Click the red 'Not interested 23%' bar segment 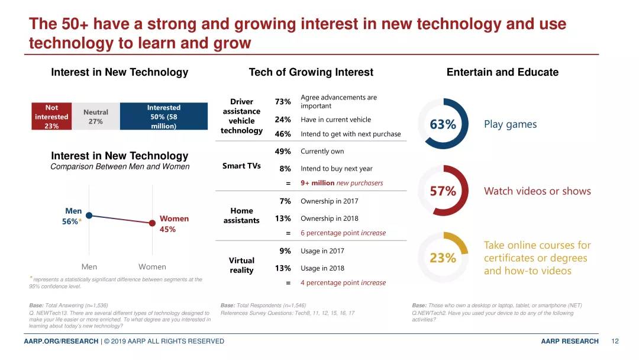click(x=51, y=117)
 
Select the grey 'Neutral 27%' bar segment click(x=95, y=117)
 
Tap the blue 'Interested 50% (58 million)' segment click(x=164, y=117)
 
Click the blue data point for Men click(x=89, y=216)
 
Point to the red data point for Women click(x=153, y=223)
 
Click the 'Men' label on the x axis click(x=89, y=267)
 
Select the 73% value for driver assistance click(x=283, y=102)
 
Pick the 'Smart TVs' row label click(x=241, y=166)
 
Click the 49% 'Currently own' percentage click(x=283, y=152)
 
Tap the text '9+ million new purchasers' click(x=341, y=183)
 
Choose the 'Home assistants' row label click(x=241, y=216)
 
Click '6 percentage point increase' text click(x=343, y=233)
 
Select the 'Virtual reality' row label click(x=241, y=265)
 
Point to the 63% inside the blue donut click(x=443, y=124)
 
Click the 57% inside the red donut click(x=443, y=191)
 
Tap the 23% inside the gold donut click(x=443, y=258)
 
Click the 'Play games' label click(x=510, y=124)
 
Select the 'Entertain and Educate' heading click(x=502, y=72)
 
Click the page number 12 click(x=615, y=341)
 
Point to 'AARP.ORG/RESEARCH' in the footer click(x=61, y=341)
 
